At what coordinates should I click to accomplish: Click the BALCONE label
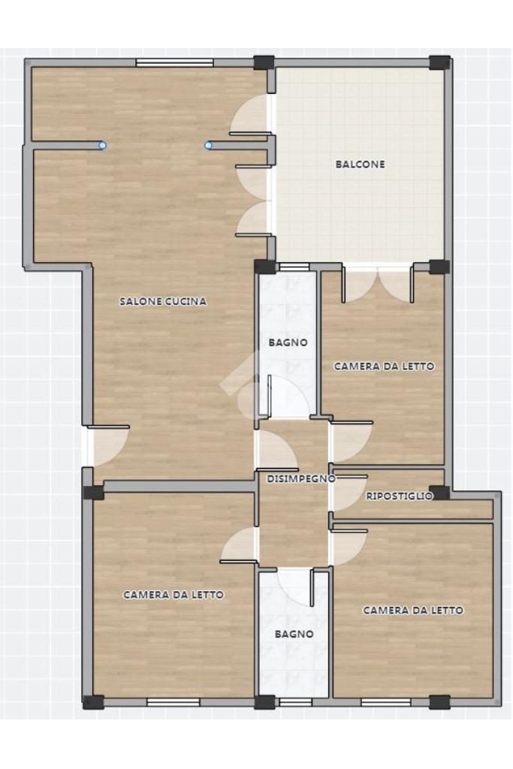click(360, 164)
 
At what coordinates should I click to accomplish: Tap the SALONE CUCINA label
click(163, 301)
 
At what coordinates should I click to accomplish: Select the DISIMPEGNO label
click(301, 478)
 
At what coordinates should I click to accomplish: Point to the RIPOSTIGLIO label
click(400, 496)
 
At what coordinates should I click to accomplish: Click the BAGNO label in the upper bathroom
click(288, 342)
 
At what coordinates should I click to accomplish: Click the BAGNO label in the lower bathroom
click(294, 634)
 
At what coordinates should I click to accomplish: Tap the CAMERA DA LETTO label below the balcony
click(384, 366)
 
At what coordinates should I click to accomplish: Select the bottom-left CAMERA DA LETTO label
click(173, 595)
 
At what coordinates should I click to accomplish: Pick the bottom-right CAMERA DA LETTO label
click(413, 610)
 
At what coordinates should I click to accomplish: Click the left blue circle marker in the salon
click(102, 145)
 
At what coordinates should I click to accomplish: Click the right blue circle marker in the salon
click(209, 145)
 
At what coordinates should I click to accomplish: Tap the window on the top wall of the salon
click(174, 62)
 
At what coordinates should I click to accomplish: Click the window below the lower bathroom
click(295, 702)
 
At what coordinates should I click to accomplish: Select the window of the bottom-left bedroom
click(173, 702)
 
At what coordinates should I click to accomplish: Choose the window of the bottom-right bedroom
click(386, 702)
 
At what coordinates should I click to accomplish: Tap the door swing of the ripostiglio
click(350, 493)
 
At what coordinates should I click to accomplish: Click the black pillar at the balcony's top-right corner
click(439, 62)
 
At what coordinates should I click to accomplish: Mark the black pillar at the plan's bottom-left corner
click(93, 702)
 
